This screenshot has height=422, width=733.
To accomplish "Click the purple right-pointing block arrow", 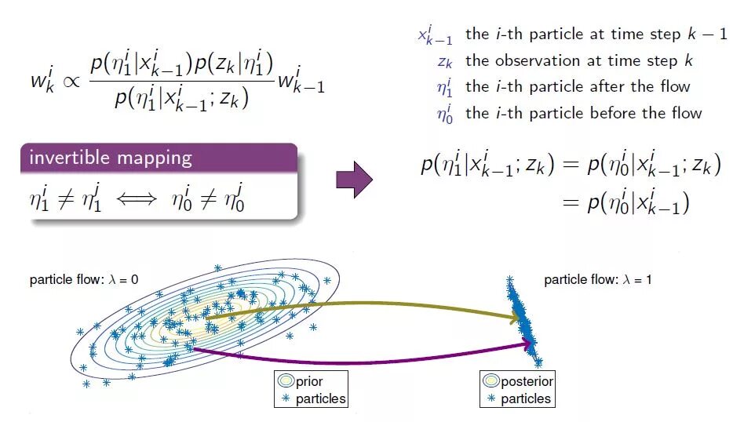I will point(353,180).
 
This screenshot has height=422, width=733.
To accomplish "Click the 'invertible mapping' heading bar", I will point(159,158).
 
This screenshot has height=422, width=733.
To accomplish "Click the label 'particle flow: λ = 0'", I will point(84,279).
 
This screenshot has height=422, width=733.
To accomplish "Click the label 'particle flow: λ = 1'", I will point(597,279).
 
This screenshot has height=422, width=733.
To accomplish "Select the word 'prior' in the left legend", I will point(310,382).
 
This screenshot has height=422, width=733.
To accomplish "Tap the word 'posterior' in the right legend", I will point(527,382).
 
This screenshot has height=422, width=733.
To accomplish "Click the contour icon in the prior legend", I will point(285,382).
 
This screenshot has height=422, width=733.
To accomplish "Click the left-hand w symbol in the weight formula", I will point(39,80).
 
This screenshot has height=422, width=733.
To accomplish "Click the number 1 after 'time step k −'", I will point(722,35).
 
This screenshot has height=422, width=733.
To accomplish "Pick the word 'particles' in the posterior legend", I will point(526,399).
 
